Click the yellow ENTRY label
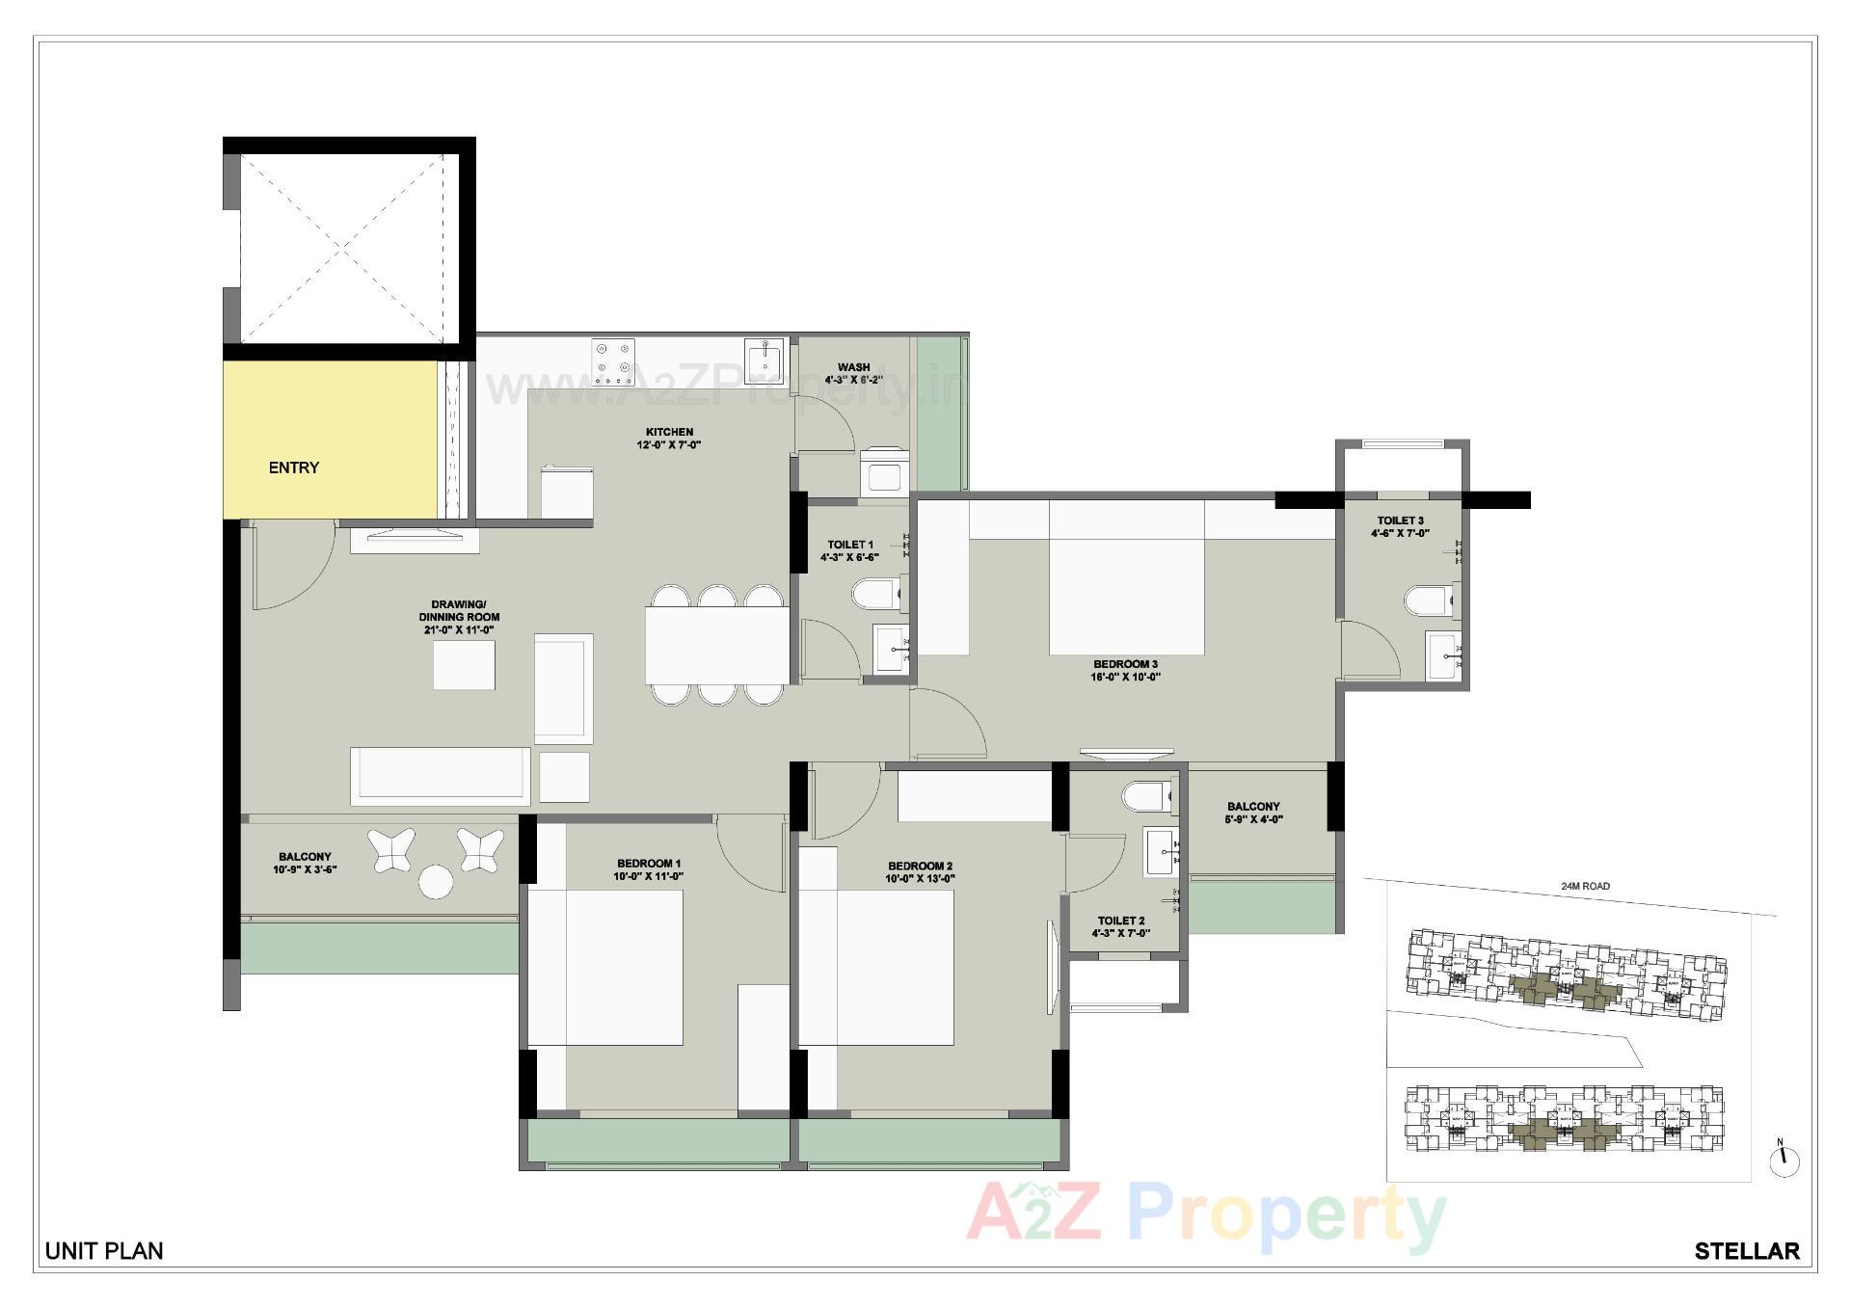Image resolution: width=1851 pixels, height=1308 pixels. tap(293, 467)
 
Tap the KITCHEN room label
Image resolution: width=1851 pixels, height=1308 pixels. tap(669, 432)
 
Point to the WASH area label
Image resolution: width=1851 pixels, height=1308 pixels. tap(853, 367)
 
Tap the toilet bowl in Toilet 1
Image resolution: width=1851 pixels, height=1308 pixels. tap(874, 593)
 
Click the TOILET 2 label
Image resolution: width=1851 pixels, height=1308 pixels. tap(1121, 921)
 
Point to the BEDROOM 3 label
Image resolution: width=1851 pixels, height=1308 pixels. tap(1125, 664)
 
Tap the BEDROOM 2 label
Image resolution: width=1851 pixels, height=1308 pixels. tap(920, 866)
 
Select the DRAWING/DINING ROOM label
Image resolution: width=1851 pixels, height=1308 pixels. tap(459, 610)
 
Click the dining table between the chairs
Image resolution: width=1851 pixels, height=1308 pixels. tap(717, 645)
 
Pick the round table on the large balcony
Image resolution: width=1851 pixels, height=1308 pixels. tap(436, 882)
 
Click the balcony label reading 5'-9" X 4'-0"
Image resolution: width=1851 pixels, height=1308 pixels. tap(1253, 820)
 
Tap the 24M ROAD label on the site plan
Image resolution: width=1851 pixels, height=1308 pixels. tap(1585, 886)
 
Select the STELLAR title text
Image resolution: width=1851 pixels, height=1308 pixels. tap(1746, 1251)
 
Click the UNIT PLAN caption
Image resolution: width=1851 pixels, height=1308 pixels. tap(104, 1251)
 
